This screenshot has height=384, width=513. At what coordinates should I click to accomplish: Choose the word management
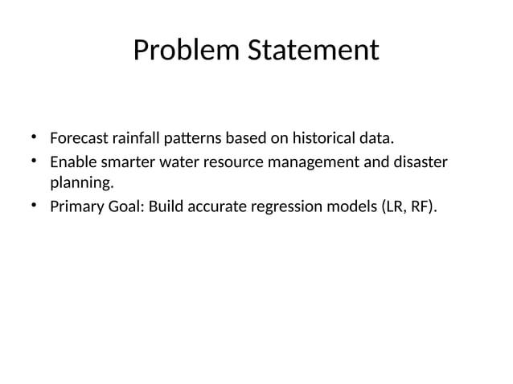click(x=310, y=163)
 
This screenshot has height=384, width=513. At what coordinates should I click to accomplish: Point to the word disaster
click(x=418, y=163)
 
